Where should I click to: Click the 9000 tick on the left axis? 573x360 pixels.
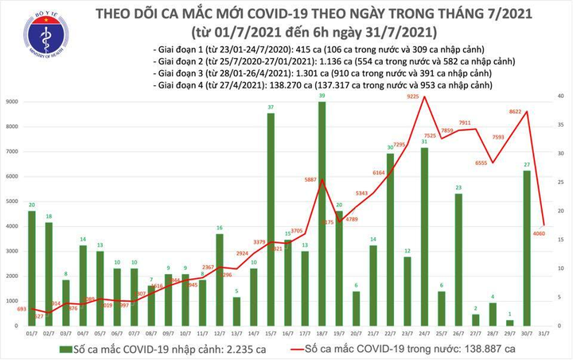tap(12, 102)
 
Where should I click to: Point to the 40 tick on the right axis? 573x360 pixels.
tap(560, 96)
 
